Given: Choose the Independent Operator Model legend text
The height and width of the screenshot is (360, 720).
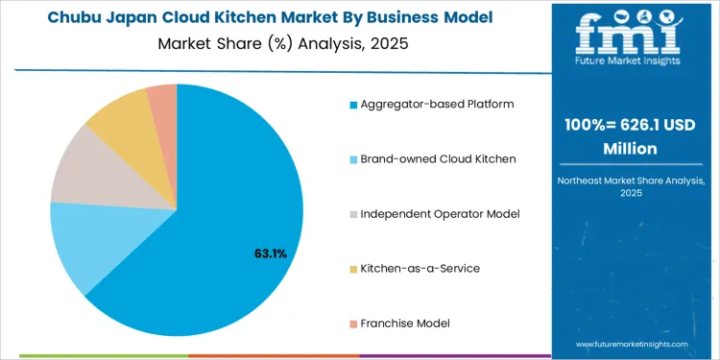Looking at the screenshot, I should (x=440, y=213).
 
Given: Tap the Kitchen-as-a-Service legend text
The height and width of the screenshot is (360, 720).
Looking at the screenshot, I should (x=420, y=268).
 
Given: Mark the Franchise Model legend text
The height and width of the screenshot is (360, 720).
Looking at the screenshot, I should (x=405, y=323).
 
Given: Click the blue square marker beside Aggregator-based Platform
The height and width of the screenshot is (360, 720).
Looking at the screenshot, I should (x=354, y=104).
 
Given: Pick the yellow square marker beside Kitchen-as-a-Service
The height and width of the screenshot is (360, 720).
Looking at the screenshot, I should (x=354, y=268).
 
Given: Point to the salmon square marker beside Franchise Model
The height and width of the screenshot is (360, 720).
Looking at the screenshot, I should (x=354, y=323).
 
